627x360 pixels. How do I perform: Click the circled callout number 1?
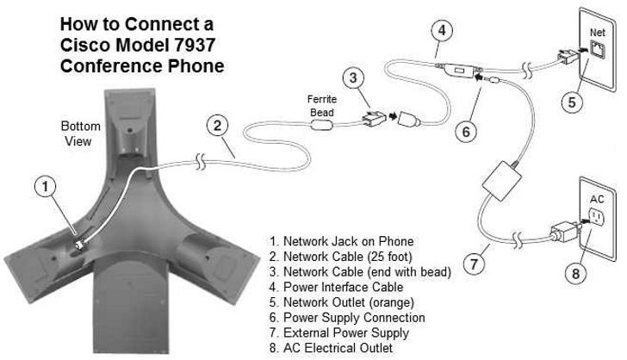(x=45, y=187)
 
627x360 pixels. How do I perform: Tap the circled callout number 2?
(x=217, y=126)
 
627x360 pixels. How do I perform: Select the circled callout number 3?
(x=353, y=78)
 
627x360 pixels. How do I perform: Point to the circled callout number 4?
(x=442, y=30)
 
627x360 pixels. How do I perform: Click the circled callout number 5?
(x=572, y=102)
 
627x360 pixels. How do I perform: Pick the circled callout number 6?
(x=466, y=132)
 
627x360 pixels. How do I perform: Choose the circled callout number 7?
(x=474, y=264)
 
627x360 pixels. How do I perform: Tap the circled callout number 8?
(x=575, y=274)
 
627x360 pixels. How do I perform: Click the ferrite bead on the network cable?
(x=321, y=125)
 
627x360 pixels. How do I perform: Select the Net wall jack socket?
(x=598, y=50)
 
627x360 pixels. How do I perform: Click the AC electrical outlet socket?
(x=597, y=218)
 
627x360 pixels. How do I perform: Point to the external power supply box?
(x=502, y=180)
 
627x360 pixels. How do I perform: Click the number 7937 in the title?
(x=195, y=45)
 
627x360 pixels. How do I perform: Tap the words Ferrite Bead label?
(x=322, y=106)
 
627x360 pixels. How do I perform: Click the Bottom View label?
(x=80, y=133)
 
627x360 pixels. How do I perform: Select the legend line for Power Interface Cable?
(x=336, y=287)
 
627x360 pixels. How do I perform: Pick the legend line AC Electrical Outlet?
(x=331, y=348)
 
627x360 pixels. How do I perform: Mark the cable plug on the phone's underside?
(x=79, y=245)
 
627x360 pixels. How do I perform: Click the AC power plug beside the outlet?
(x=564, y=232)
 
